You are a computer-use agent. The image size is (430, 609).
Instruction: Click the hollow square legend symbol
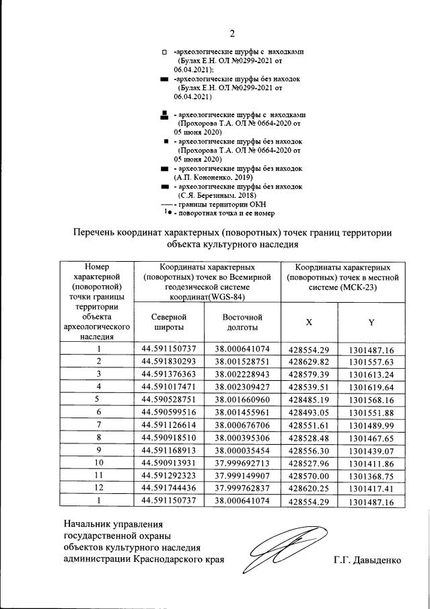[x=164, y=52]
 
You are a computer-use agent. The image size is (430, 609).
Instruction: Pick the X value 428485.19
[x=308, y=399]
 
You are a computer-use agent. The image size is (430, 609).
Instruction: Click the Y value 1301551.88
[x=371, y=412]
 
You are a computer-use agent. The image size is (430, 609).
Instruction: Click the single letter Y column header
[x=371, y=322]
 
